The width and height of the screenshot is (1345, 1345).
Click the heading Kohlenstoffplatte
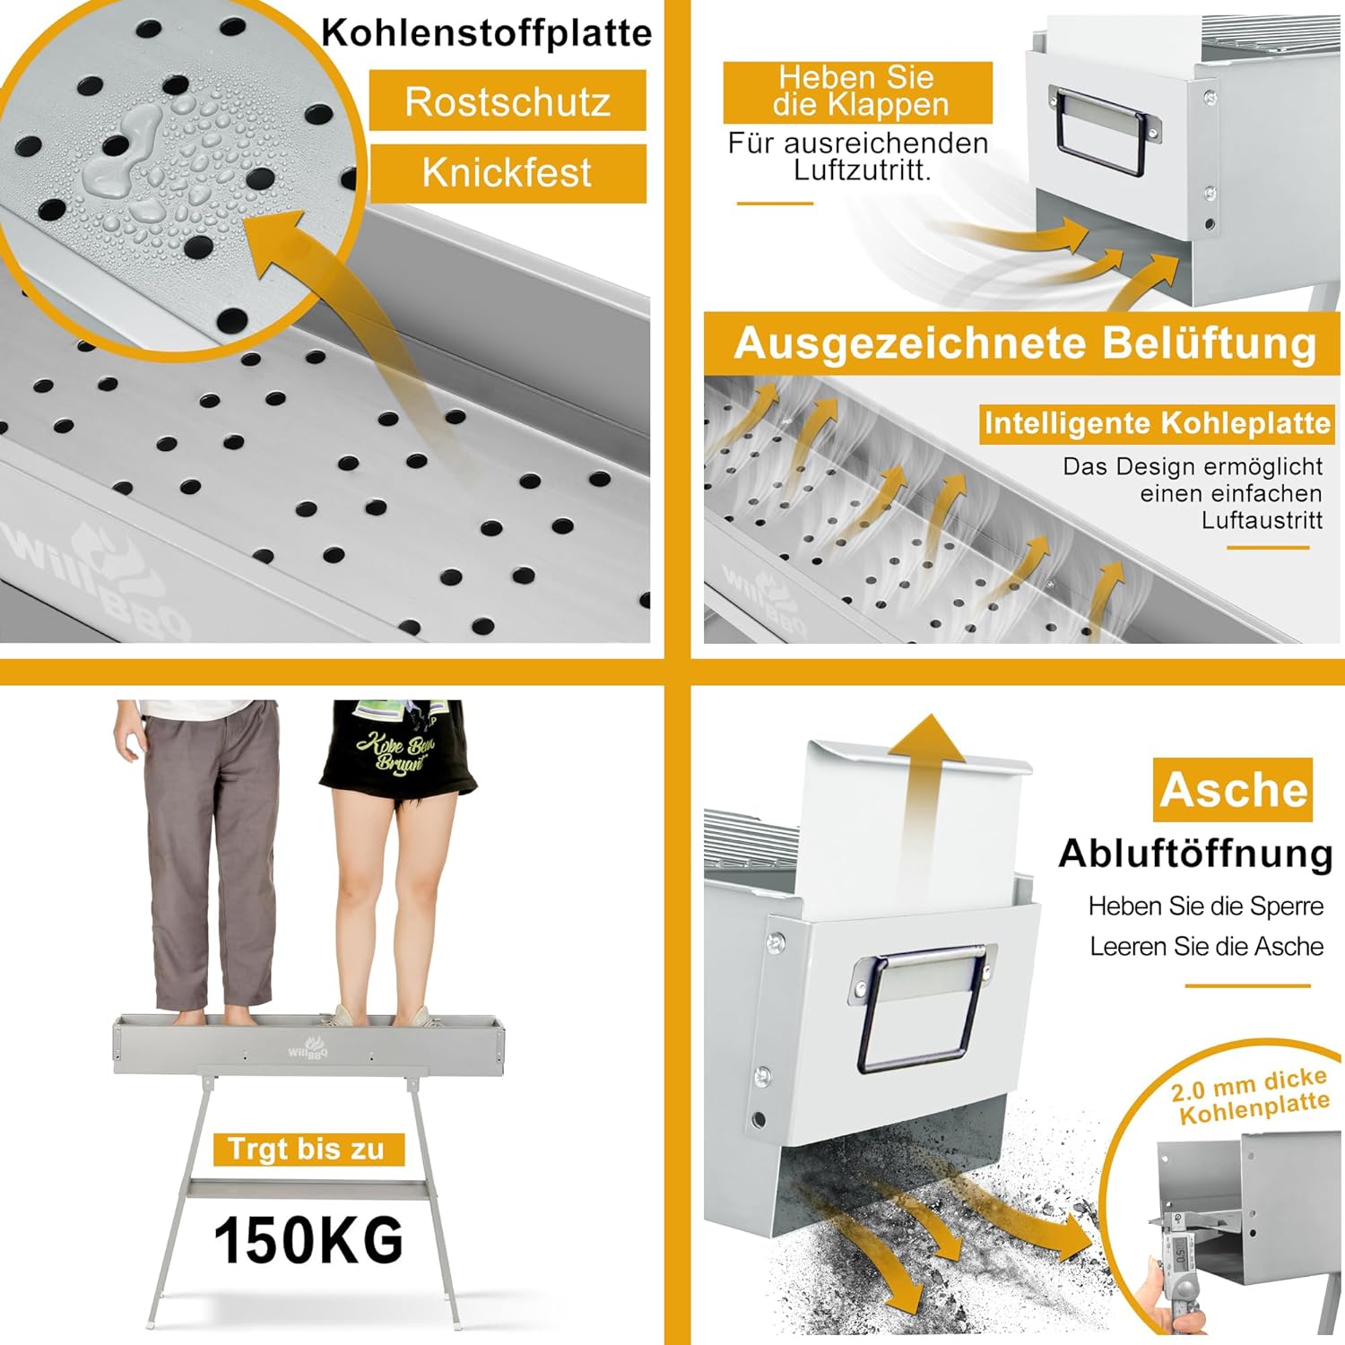point(487,33)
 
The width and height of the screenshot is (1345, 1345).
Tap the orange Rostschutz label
point(508,101)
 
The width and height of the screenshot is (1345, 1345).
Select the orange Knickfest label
point(508,172)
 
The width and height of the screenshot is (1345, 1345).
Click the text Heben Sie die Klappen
point(858,91)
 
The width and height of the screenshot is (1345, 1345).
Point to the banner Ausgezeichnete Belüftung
point(1025,343)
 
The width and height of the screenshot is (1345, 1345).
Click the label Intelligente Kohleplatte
point(1157,422)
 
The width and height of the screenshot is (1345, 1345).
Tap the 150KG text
point(308,1241)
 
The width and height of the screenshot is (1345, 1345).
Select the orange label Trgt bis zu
point(307,1149)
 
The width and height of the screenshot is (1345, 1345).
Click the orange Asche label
point(1233,790)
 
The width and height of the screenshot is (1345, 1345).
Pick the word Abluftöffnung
point(1196,854)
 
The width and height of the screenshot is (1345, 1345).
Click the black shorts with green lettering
point(401,746)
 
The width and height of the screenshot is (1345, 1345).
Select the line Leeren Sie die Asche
point(1206,947)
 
